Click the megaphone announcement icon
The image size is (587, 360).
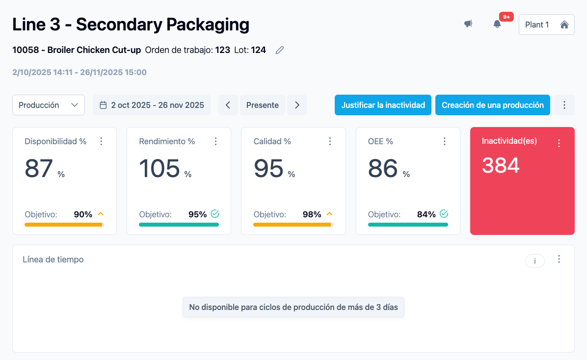tap(468, 24)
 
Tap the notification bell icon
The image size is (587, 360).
tap(497, 24)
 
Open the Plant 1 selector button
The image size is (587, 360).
tap(546, 25)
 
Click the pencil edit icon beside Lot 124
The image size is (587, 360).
tap(280, 50)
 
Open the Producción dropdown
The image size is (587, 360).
tap(48, 105)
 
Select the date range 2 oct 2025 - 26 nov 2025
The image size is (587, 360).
tap(152, 105)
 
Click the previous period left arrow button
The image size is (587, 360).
tap(228, 105)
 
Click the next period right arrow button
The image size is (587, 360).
tap(297, 105)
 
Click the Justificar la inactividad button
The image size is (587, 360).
tap(383, 105)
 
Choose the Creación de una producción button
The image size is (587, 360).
tap(492, 105)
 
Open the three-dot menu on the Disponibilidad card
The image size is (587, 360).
tap(101, 141)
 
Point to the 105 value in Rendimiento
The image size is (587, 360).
tap(160, 168)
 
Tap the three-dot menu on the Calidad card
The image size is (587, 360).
tap(330, 141)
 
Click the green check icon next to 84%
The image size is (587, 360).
tap(444, 214)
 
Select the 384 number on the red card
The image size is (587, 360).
tap(501, 165)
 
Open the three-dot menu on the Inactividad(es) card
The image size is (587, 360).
tap(559, 143)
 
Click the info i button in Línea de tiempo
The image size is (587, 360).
tap(534, 261)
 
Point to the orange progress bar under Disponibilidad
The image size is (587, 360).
tap(63, 225)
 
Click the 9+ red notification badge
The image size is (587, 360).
tap(507, 17)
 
